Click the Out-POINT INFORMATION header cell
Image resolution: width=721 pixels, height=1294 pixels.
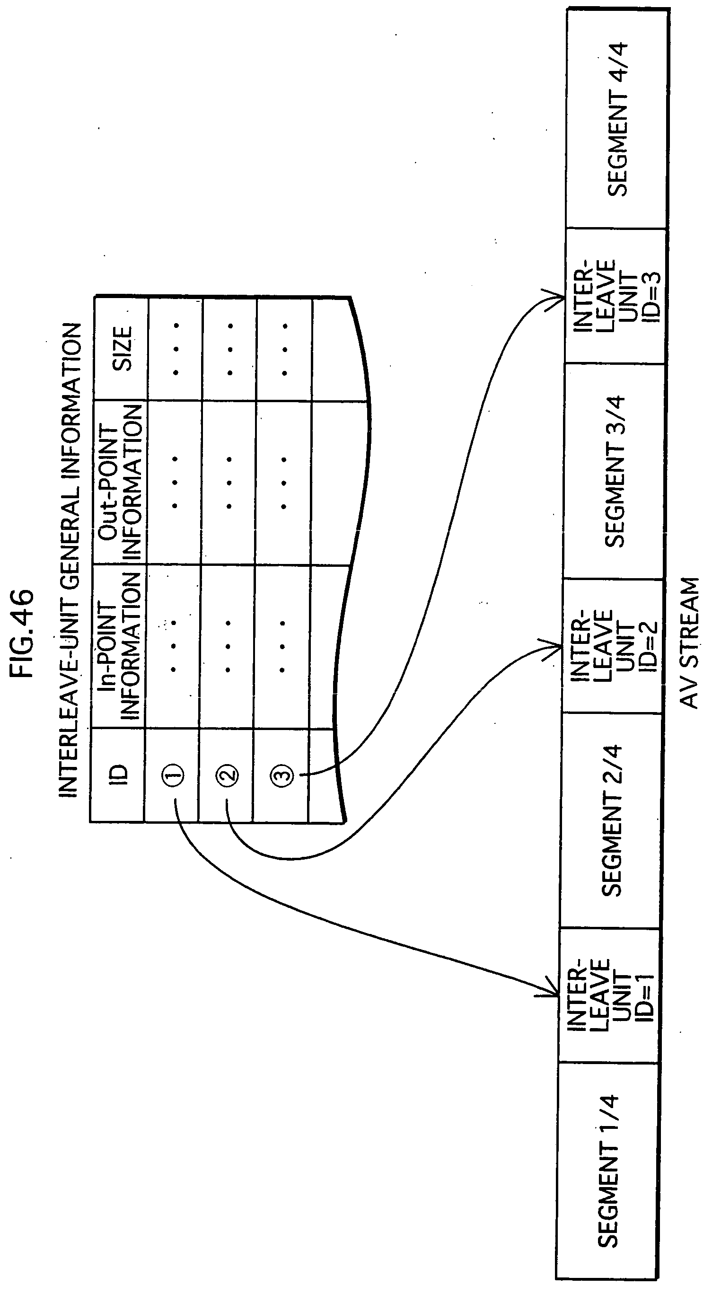point(121,483)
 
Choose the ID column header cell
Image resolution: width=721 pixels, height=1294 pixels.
point(119,774)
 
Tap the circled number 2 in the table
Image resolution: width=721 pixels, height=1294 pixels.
point(227,775)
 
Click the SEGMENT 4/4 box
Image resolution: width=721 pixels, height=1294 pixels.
point(617,119)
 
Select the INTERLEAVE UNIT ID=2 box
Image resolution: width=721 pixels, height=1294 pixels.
point(612,645)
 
